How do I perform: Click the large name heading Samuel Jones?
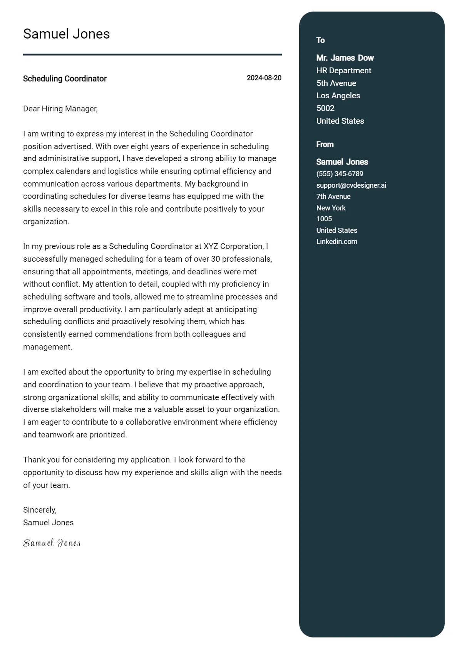[x=66, y=34]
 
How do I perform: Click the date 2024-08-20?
[x=264, y=78]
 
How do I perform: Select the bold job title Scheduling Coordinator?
[x=65, y=79]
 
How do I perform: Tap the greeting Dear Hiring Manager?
[x=60, y=109]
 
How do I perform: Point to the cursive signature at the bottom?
[x=52, y=543]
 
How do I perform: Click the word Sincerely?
[x=40, y=510]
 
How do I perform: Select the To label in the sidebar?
[x=320, y=40]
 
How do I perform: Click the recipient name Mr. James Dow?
[x=345, y=58]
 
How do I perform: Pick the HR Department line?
[x=344, y=71]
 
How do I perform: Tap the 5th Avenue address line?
[x=336, y=83]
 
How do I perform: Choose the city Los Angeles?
[x=338, y=96]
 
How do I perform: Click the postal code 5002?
[x=325, y=108]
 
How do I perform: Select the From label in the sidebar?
[x=325, y=145]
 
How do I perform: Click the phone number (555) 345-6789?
[x=340, y=174]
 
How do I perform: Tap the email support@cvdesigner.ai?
[x=351, y=185]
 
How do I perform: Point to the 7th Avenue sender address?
[x=333, y=197]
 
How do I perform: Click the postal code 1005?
[x=324, y=219]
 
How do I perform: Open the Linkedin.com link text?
[x=337, y=242]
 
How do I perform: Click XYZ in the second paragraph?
[x=211, y=246]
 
